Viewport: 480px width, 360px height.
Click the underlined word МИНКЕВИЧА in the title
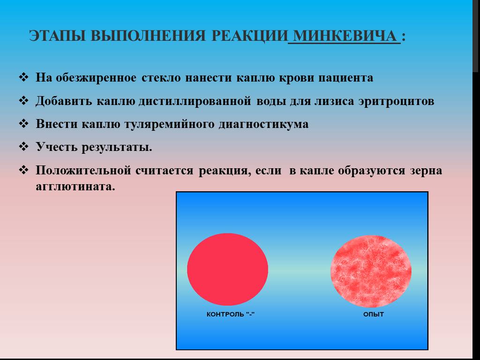point(345,36)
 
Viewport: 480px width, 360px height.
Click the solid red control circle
point(227,269)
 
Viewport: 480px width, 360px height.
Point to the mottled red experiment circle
point(371,271)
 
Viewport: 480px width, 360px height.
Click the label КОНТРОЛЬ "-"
point(231,314)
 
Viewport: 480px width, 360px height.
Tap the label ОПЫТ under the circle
point(374,314)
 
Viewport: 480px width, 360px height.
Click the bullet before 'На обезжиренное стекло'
point(23,77)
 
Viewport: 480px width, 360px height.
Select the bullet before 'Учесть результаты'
point(23,147)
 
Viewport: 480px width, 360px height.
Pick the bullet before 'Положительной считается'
point(23,170)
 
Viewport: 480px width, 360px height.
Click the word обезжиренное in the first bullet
point(96,78)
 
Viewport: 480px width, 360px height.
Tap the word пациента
point(345,78)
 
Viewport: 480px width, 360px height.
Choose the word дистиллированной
point(195,101)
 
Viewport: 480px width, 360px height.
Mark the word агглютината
point(75,187)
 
